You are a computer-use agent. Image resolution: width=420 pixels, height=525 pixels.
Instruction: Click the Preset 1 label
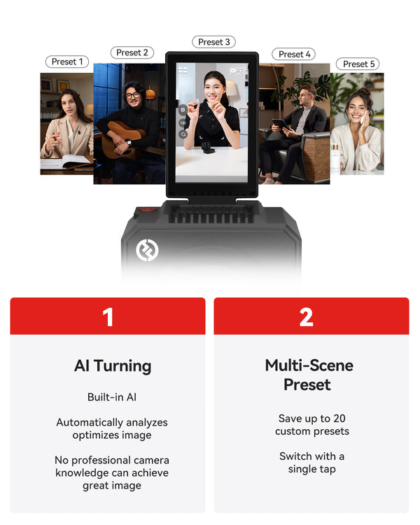67,62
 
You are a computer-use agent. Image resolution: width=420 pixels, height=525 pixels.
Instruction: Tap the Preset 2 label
132,52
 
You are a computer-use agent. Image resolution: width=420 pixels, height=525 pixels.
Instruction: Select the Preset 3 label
213,42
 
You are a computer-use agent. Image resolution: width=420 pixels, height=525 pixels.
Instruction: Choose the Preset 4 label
294,54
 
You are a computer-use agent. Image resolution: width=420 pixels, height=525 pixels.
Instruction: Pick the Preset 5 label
358,64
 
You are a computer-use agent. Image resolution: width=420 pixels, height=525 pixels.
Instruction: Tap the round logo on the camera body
147,250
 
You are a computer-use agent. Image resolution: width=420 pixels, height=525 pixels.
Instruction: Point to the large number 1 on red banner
108,316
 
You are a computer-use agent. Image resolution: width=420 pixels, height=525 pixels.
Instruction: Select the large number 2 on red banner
306,316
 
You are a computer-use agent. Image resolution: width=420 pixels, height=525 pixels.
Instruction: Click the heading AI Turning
113,366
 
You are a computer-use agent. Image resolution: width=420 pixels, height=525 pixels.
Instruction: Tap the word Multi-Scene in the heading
309,365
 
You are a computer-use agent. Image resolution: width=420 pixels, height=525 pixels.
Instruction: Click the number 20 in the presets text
339,418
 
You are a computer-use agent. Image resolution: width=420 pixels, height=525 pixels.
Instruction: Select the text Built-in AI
112,397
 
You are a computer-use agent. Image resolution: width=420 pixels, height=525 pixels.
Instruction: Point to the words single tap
311,469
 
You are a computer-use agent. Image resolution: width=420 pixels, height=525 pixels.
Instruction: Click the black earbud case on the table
208,147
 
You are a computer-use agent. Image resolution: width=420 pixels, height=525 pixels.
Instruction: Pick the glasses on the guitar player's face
133,95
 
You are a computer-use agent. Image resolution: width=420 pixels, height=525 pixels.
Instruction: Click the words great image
112,486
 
